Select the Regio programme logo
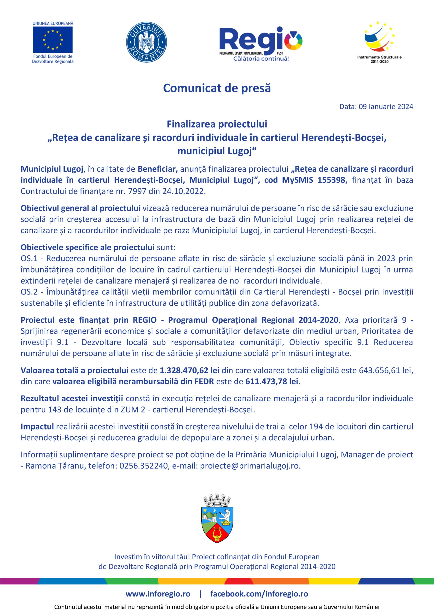click(x=260, y=43)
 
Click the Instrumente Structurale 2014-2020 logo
click(x=379, y=42)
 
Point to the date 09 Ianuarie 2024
click(x=386, y=107)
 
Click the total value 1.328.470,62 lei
click(x=190, y=370)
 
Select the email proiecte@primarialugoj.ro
click(x=250, y=466)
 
